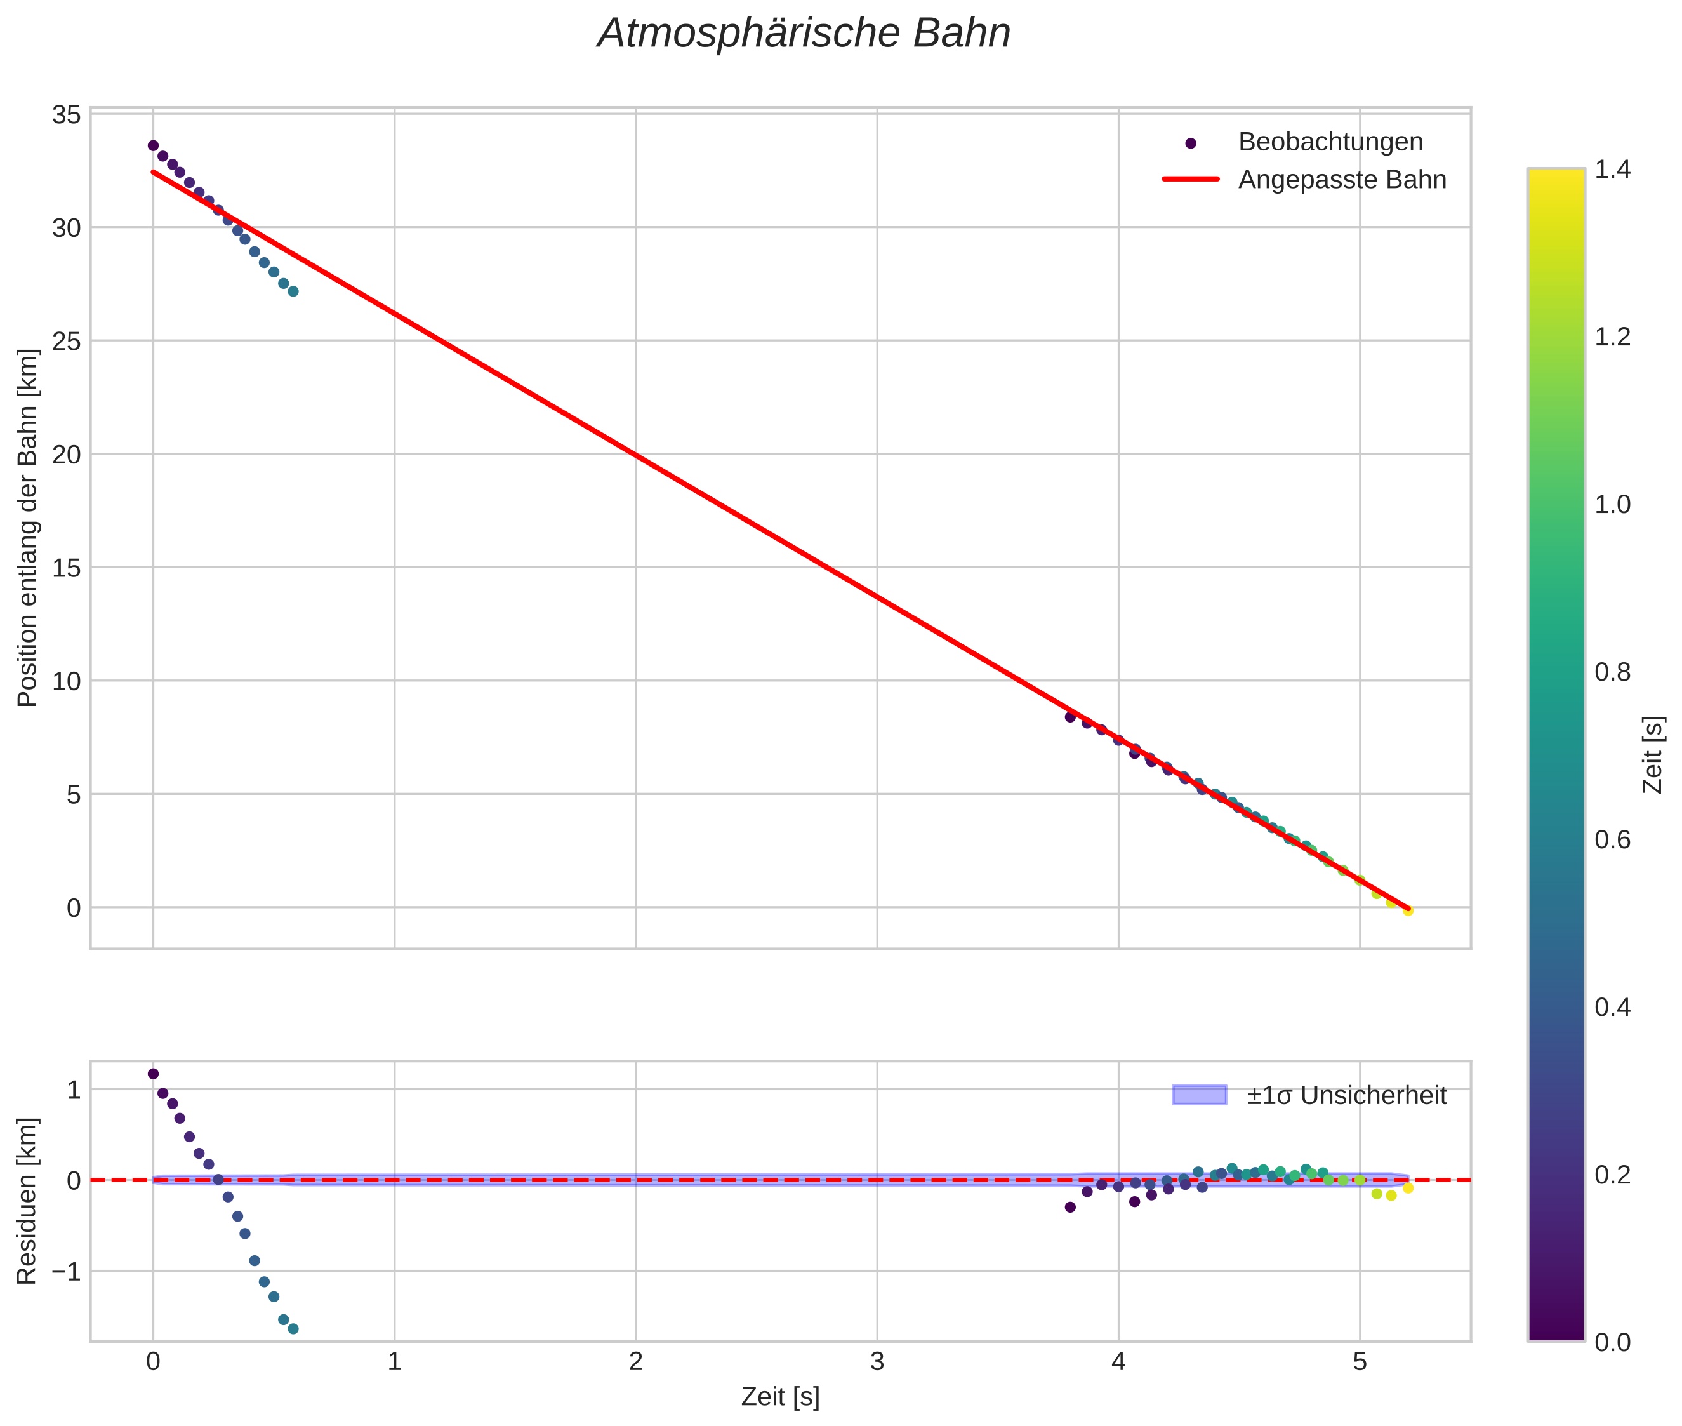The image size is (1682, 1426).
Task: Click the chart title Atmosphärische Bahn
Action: tap(804, 34)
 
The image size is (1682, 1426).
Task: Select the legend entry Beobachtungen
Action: tap(1330, 142)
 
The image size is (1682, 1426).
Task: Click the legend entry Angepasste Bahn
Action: tap(1342, 180)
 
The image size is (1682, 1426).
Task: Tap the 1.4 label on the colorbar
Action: tap(1612, 169)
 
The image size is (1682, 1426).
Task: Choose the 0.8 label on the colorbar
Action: tap(1612, 672)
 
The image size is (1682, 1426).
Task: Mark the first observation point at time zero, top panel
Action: tap(153, 145)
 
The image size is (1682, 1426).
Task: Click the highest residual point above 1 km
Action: tap(153, 1074)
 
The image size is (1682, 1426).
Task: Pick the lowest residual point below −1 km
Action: tap(293, 1329)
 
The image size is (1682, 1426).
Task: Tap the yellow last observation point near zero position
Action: tap(1407, 911)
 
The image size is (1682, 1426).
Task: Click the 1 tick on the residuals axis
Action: tap(74, 1089)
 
